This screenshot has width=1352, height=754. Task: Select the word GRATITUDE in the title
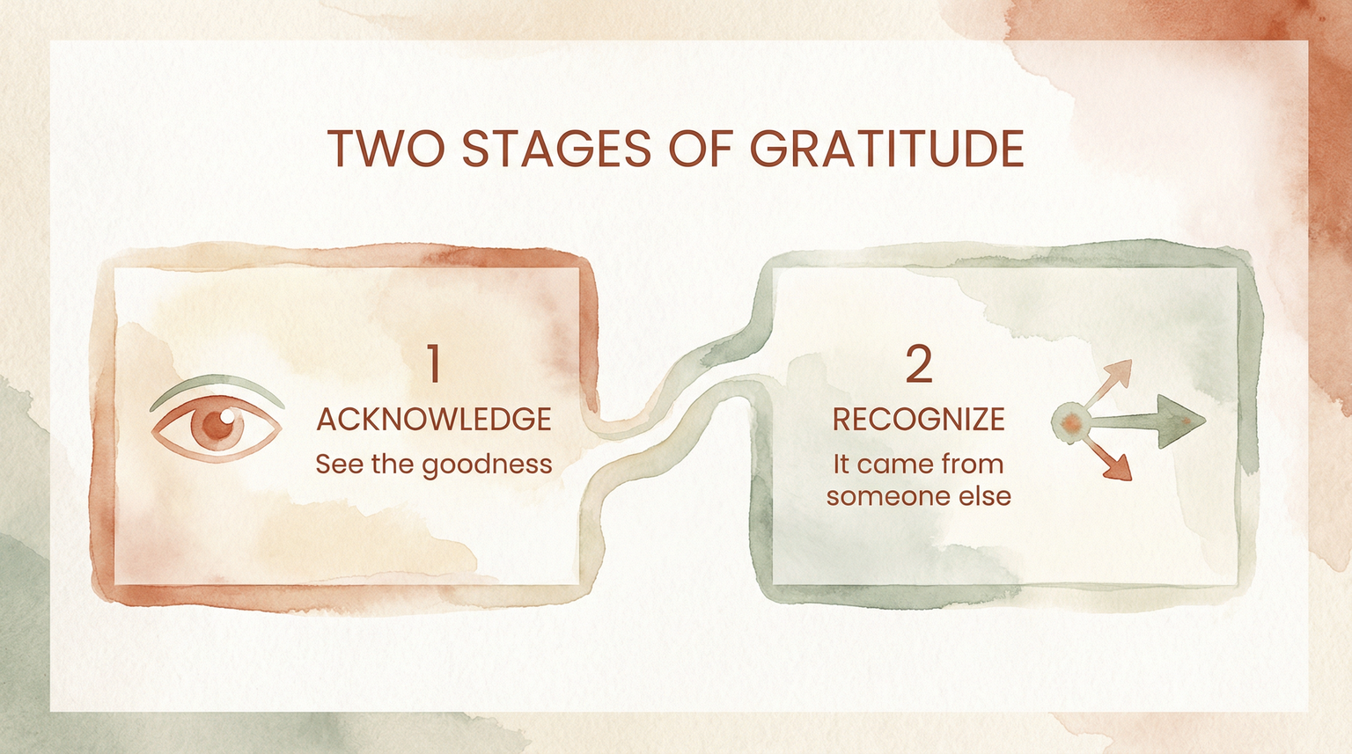[x=887, y=149]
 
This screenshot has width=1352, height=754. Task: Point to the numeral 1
[x=433, y=364]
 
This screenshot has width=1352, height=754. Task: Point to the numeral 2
[x=918, y=364]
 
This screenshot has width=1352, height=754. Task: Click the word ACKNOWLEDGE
[x=434, y=419]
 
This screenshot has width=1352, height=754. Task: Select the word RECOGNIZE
[x=918, y=419]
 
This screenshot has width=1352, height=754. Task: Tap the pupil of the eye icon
[x=217, y=426]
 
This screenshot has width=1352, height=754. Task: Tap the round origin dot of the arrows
[x=1069, y=422]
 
